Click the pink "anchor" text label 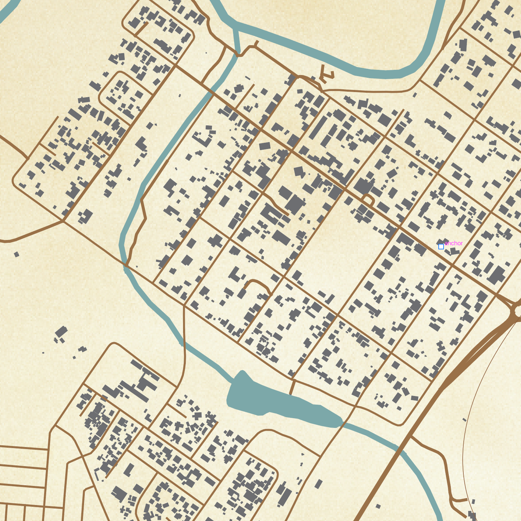(x=454, y=243)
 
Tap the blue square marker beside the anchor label (x=441, y=247)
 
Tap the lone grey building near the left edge (x=16, y=254)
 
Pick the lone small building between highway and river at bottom (x=378, y=506)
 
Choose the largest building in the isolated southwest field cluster (x=61, y=332)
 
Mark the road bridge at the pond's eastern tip (x=342, y=422)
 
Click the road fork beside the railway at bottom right (x=452, y=500)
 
